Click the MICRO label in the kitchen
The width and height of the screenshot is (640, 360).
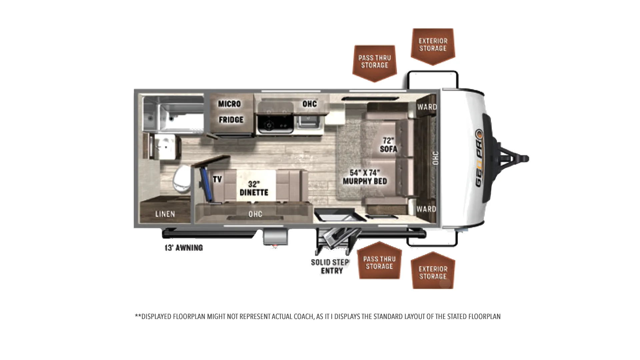tap(229, 104)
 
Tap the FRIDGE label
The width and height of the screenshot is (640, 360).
tap(231, 120)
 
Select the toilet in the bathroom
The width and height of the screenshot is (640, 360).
tap(182, 179)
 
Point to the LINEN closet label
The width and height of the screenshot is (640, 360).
tap(165, 214)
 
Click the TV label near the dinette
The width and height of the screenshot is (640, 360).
tap(217, 179)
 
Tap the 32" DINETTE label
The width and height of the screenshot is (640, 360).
tap(254, 188)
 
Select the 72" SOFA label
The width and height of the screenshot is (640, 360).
tap(388, 145)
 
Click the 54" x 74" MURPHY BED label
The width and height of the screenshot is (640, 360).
tap(365, 177)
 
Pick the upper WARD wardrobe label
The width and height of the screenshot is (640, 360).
tap(427, 107)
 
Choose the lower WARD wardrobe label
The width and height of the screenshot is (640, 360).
tap(426, 209)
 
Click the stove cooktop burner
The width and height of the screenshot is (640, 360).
tap(269, 126)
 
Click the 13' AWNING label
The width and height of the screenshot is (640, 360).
tap(184, 248)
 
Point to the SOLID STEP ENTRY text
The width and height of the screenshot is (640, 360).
tap(330, 266)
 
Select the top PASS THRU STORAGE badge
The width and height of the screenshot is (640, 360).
tap(375, 63)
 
